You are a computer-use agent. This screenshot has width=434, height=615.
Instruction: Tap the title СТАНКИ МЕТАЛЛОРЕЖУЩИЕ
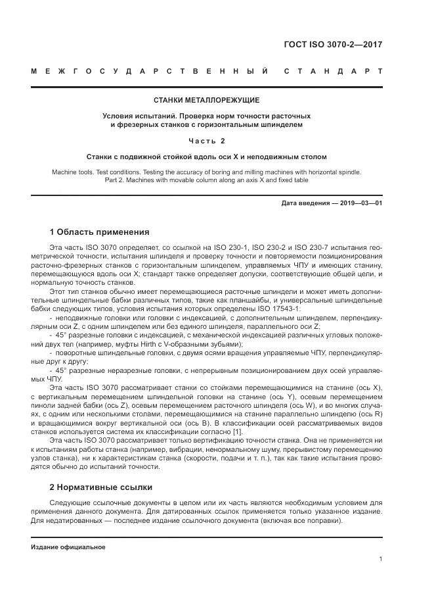[206, 100]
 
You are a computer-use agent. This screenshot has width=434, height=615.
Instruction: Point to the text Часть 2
[206, 141]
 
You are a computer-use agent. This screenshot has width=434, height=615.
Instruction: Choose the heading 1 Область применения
[100, 232]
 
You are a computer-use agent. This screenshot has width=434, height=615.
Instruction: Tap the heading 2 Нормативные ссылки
[101, 487]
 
